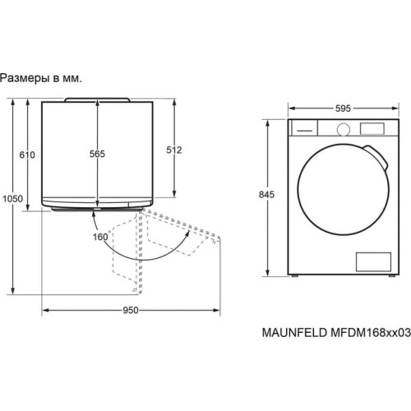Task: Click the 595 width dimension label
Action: (343, 109)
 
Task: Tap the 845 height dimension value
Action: (266, 195)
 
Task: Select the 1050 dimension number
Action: (12, 199)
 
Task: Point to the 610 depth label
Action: (27, 155)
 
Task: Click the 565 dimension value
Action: (97, 154)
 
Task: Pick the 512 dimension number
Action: (174, 150)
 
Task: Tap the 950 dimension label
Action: (131, 311)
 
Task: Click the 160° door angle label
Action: (102, 237)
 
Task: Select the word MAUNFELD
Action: (294, 333)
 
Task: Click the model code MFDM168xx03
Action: (371, 333)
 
